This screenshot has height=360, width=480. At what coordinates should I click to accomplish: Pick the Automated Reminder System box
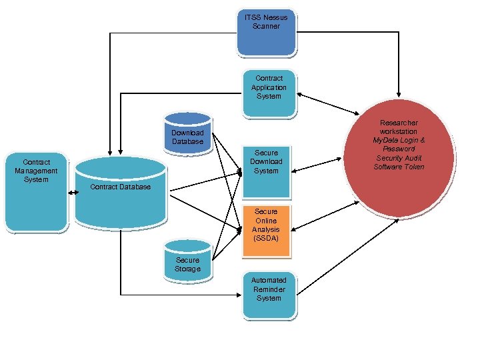point(269,293)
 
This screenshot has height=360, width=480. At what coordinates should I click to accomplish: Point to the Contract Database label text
point(120,187)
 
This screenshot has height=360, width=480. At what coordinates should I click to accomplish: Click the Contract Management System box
point(36,193)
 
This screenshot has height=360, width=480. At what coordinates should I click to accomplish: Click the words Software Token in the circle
point(399,167)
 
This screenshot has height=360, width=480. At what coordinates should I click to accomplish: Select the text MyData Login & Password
point(399,145)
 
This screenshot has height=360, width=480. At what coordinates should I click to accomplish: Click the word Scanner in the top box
point(266,26)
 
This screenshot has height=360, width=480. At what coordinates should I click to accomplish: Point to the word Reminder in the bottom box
point(269,289)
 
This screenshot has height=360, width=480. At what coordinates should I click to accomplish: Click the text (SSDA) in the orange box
point(266,238)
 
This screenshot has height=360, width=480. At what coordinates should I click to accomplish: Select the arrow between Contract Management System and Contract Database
point(71,191)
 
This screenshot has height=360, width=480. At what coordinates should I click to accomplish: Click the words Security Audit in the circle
point(399,158)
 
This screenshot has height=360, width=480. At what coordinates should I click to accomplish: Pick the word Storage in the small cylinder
point(187,269)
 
